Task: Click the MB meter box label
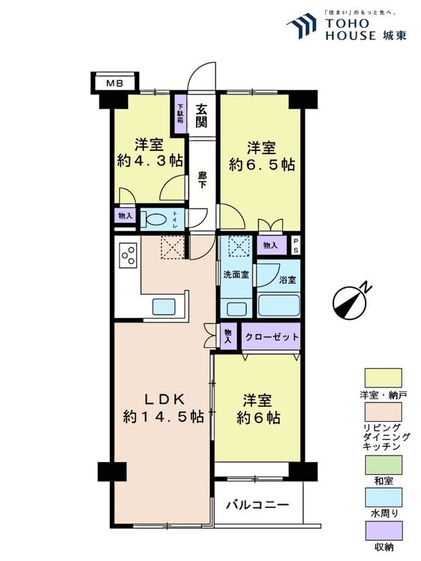(x=115, y=84)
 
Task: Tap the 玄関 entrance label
(x=201, y=115)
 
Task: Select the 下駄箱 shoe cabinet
(x=181, y=113)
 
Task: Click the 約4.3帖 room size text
(x=150, y=161)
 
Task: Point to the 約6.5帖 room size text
(x=262, y=165)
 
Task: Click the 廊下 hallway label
(x=202, y=180)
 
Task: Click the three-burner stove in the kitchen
(x=129, y=254)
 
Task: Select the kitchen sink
(x=164, y=307)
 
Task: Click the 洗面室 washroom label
(x=236, y=275)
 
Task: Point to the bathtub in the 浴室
(x=278, y=305)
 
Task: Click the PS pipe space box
(x=295, y=245)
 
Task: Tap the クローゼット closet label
(x=272, y=337)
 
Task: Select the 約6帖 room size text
(x=258, y=418)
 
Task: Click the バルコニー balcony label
(x=257, y=505)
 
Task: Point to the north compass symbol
(x=350, y=300)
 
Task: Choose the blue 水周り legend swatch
(x=383, y=497)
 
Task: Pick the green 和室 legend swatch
(x=383, y=465)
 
